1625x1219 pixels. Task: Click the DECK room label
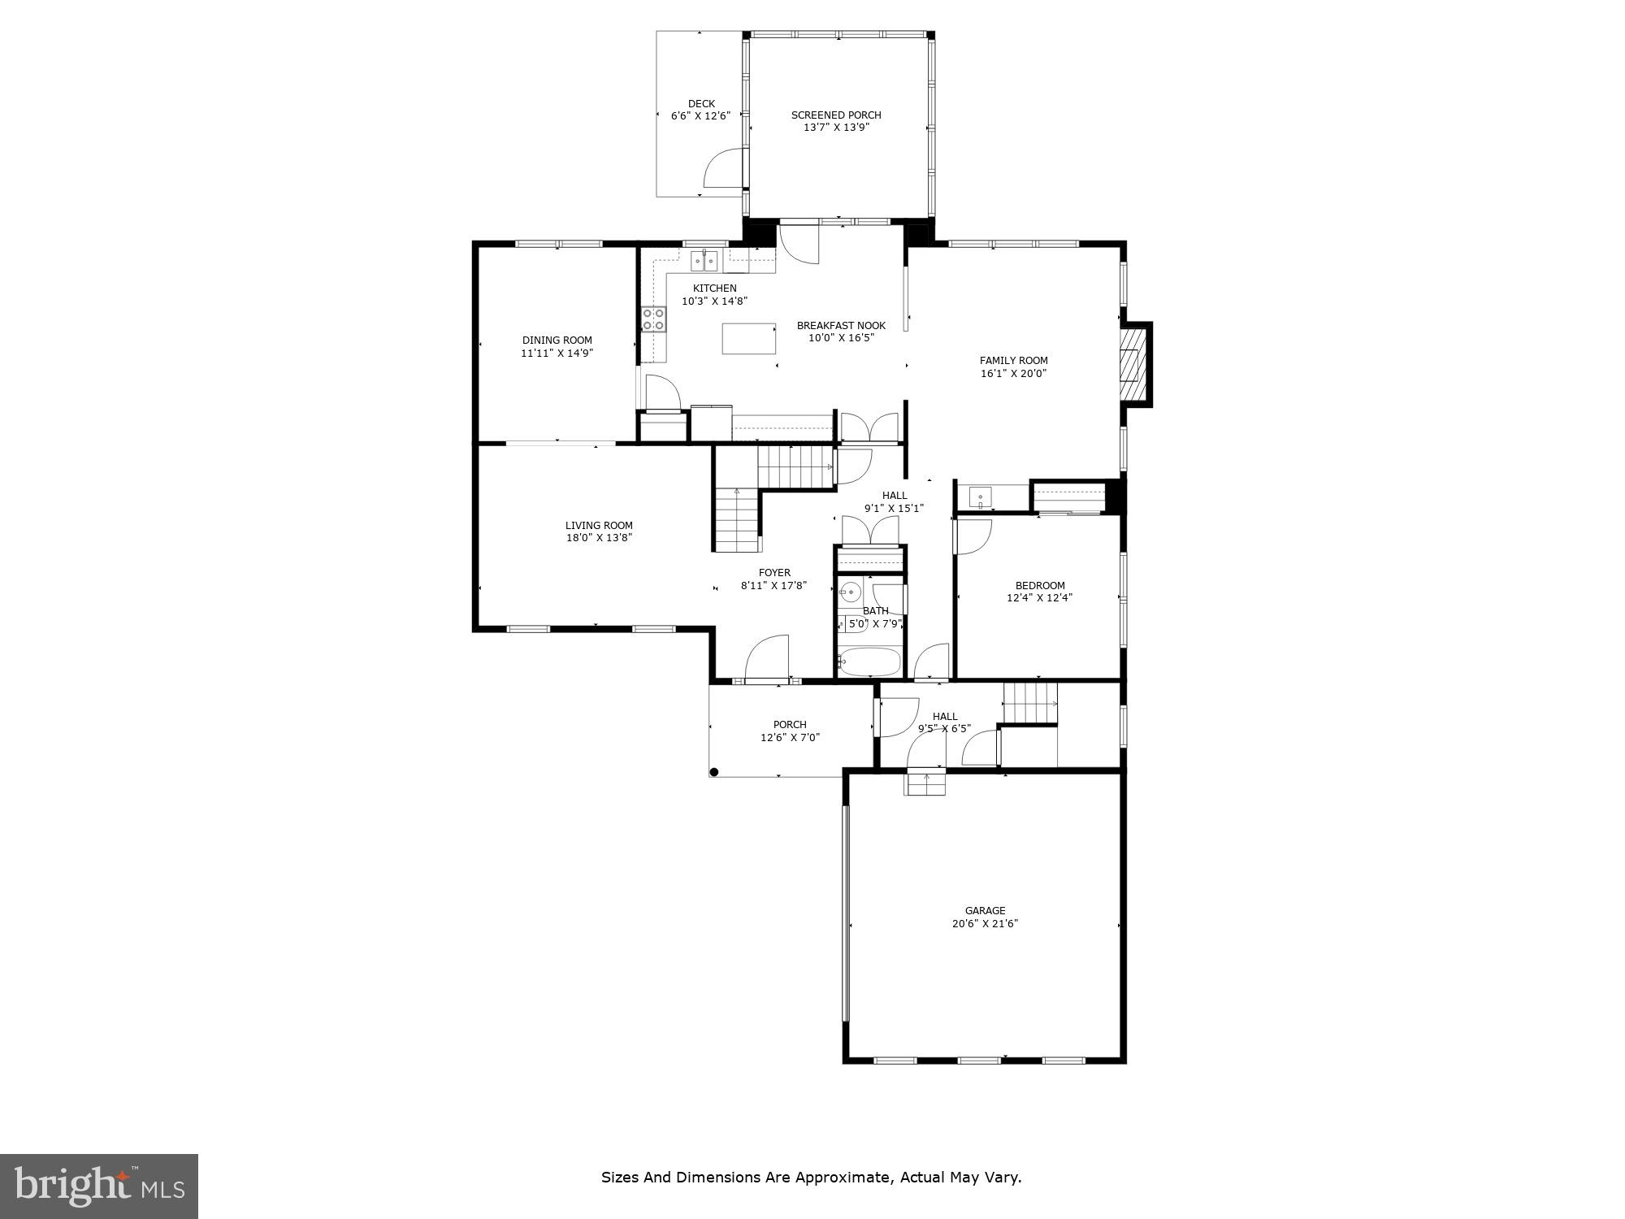pyautogui.click(x=701, y=104)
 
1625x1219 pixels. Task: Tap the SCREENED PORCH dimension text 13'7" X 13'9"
pyautogui.click(x=836, y=128)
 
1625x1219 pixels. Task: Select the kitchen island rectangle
pyautogui.click(x=749, y=338)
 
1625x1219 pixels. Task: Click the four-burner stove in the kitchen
pyautogui.click(x=653, y=319)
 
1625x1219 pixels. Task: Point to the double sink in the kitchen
pyautogui.click(x=704, y=261)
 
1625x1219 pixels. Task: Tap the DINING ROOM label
pyautogui.click(x=557, y=341)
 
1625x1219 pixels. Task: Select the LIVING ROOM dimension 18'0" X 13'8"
pyautogui.click(x=599, y=538)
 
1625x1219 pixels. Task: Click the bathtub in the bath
pyautogui.click(x=869, y=662)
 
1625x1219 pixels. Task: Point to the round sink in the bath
pyautogui.click(x=851, y=592)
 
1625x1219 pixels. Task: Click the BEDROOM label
pyautogui.click(x=1039, y=585)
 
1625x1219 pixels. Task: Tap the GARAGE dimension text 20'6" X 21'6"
pyautogui.click(x=985, y=924)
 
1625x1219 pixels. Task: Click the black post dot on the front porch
pyautogui.click(x=714, y=772)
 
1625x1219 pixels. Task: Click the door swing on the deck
pyautogui.click(x=723, y=168)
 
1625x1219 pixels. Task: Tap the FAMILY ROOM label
pyautogui.click(x=1013, y=361)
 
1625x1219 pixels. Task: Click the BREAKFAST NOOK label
pyautogui.click(x=841, y=326)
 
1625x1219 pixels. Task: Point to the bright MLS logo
pyautogui.click(x=99, y=1186)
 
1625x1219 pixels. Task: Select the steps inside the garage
pyautogui.click(x=926, y=784)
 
